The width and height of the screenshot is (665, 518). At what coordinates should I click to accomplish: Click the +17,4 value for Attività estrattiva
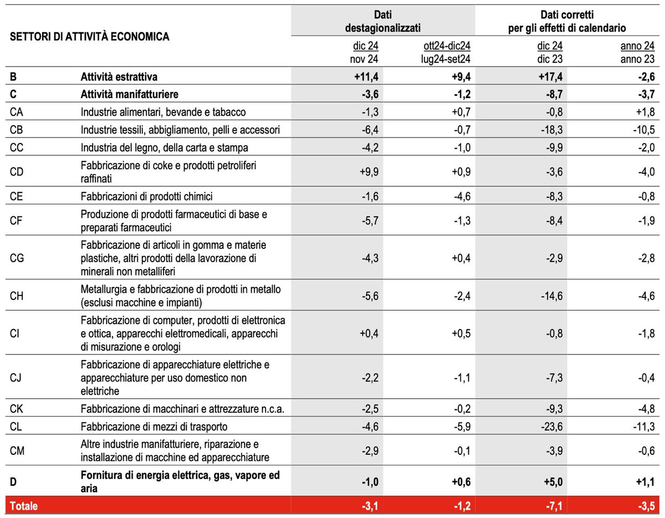click(x=551, y=77)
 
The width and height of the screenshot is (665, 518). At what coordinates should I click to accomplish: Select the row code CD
click(x=17, y=172)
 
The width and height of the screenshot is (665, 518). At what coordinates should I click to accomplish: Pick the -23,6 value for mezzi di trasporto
click(x=551, y=426)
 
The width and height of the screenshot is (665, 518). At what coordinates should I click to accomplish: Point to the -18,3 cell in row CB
click(x=551, y=130)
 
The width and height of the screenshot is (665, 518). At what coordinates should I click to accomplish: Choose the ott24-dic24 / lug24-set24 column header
click(x=446, y=51)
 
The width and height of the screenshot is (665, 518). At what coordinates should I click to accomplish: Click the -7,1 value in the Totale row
click(x=553, y=506)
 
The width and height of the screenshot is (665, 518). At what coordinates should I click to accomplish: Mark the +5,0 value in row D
click(x=551, y=481)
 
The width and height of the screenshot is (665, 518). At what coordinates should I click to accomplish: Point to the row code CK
click(x=17, y=409)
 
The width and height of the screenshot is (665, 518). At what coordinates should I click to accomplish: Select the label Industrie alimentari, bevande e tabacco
click(x=163, y=112)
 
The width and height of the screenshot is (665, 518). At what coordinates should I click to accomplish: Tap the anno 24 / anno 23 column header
click(x=637, y=51)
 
